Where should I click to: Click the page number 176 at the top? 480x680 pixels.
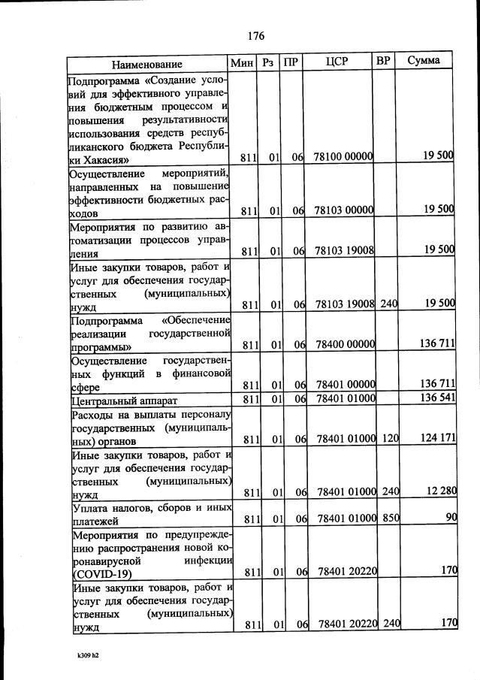(x=255, y=35)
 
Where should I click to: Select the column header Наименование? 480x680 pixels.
(x=146, y=63)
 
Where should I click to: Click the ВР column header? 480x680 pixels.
(x=383, y=61)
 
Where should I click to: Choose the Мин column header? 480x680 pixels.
(x=242, y=62)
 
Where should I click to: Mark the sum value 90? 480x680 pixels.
(x=448, y=518)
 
